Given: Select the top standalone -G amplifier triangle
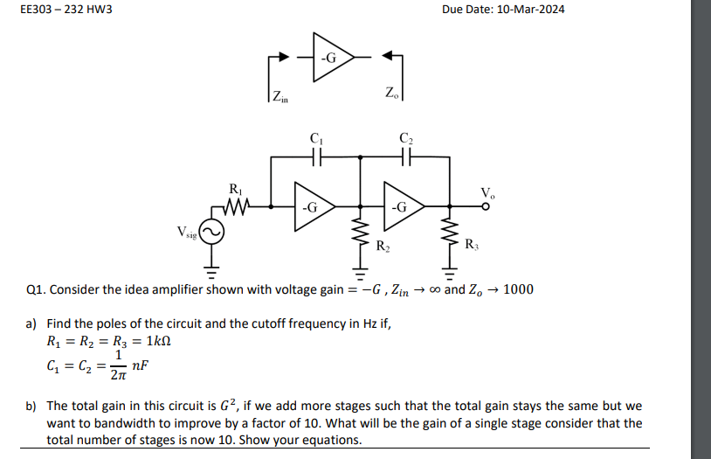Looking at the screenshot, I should (x=331, y=58).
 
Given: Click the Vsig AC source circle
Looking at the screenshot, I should (x=214, y=231).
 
